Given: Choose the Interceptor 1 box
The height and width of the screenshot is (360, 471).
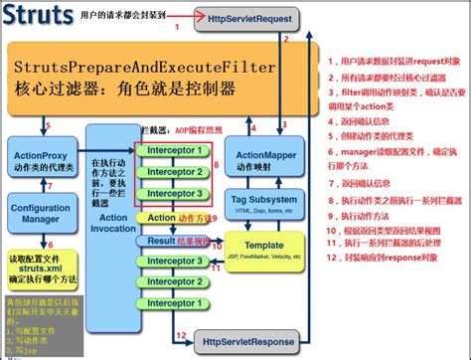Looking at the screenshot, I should coord(169,151).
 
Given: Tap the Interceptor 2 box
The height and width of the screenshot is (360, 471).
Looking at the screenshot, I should coord(169,172).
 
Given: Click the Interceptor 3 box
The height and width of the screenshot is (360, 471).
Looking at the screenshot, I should coord(169,193).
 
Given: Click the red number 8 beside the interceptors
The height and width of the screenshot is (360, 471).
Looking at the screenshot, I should coord(205,172).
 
